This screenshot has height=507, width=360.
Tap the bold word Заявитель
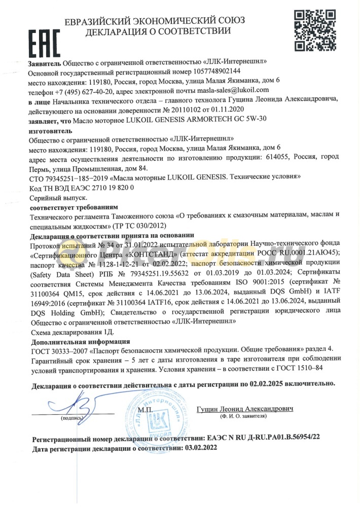(x=45, y=61)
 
